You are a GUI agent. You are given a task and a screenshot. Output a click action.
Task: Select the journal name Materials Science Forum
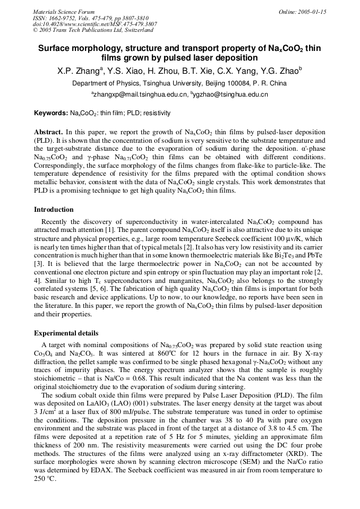pyautogui.click(x=64, y=12)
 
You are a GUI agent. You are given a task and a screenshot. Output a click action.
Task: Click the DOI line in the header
pyautogui.click(x=95, y=24)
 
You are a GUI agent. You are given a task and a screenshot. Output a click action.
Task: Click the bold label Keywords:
pyautogui.click(x=51, y=113)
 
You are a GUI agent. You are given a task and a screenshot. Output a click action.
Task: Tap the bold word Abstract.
pyautogui.click(x=49, y=132)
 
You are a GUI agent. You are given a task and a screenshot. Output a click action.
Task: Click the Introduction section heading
pyautogui.click(x=54, y=210)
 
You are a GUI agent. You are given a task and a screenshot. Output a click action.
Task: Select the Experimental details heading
pyautogui.click(x=66, y=333)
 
